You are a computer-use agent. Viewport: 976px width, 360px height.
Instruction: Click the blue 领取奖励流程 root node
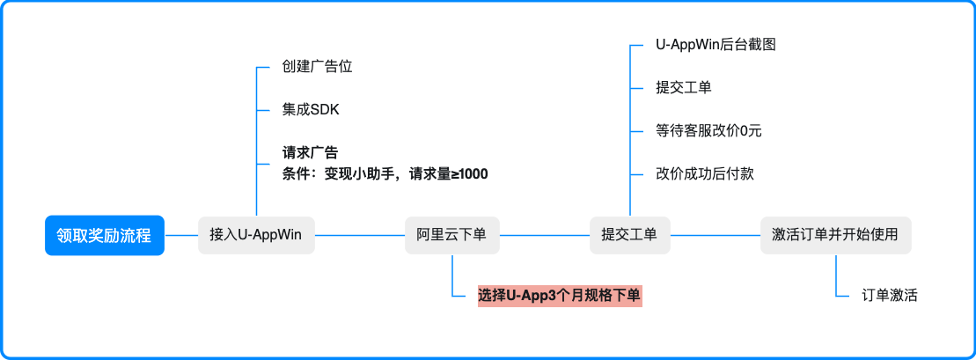tap(104, 236)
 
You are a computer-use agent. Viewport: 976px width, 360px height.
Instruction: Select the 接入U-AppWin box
tap(256, 236)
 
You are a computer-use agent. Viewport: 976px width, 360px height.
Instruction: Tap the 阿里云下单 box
tap(451, 236)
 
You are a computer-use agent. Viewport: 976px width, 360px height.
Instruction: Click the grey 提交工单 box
tap(629, 236)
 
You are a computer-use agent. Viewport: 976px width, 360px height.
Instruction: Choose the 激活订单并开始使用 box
tap(834, 236)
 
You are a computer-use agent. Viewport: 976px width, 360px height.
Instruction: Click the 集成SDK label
tap(311, 110)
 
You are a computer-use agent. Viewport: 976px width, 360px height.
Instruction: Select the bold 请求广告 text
tap(311, 153)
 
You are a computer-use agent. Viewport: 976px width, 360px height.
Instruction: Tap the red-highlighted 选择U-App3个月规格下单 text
tap(560, 296)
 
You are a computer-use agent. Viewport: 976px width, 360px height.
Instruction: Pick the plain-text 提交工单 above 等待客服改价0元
tap(684, 88)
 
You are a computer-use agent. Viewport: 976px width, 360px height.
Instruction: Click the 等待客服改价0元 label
tap(708, 131)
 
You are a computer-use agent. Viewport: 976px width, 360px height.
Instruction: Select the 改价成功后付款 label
tap(705, 174)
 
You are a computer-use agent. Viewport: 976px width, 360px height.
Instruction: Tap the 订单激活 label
tap(890, 296)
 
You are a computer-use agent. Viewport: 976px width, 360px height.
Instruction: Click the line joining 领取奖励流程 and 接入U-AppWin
tap(181, 236)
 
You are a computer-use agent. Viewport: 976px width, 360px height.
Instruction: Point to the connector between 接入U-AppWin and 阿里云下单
tap(359, 236)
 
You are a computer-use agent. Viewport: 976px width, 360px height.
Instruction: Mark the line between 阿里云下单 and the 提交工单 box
tap(544, 236)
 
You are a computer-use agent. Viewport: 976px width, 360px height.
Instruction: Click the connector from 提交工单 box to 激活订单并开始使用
tap(715, 236)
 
